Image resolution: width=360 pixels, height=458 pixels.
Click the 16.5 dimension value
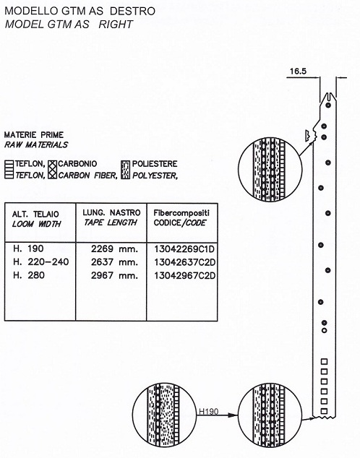[x=298, y=72]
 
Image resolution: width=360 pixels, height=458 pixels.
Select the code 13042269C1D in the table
[x=184, y=249]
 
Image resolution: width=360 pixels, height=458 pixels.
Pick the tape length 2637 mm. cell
[x=114, y=262]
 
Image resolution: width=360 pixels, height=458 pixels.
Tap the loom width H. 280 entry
[x=29, y=275]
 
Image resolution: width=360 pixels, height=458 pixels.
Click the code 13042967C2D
[x=184, y=275]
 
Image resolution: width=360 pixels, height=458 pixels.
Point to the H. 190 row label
[x=28, y=249]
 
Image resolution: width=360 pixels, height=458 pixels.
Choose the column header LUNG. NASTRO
[x=111, y=212]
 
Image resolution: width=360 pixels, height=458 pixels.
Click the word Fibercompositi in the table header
[x=181, y=212]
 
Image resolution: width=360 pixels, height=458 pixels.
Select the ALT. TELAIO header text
[x=35, y=214]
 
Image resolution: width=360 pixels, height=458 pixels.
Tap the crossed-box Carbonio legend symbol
[x=52, y=170]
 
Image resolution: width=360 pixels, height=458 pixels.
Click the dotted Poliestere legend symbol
[x=125, y=170]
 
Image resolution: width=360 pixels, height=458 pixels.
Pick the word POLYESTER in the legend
[x=154, y=176]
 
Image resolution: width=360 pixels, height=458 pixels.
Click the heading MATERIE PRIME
[x=34, y=135]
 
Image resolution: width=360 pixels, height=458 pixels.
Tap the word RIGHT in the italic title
[x=116, y=25]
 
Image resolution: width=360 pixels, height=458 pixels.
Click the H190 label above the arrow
[x=209, y=412]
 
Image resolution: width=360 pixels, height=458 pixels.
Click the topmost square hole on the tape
[x=324, y=362]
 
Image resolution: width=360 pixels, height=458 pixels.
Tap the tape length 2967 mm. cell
[x=114, y=275]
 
